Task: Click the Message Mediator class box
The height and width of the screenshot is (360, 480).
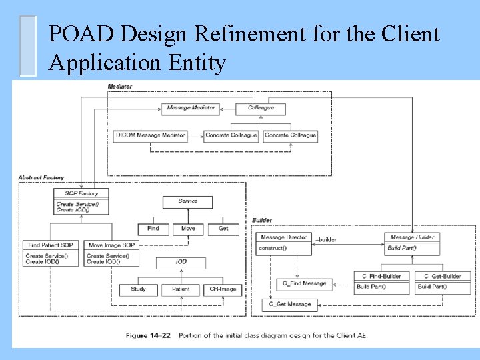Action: click(191, 108)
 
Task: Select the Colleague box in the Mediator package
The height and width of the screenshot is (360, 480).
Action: click(261, 108)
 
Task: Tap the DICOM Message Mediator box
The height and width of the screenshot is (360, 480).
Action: click(150, 135)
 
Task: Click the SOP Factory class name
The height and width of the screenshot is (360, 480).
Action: click(81, 193)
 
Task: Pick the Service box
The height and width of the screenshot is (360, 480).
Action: click(188, 201)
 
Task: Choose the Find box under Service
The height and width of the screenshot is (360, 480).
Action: click(153, 229)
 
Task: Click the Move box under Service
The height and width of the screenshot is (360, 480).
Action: click(188, 229)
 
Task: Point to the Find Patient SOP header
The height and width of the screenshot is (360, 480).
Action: click(51, 245)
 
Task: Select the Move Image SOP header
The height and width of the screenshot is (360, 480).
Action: click(111, 245)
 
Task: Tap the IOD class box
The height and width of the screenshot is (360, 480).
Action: click(181, 263)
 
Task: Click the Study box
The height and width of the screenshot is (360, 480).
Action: click(139, 289)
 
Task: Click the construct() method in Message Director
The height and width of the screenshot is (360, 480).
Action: click(273, 249)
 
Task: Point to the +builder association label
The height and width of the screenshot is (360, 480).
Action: click(326, 240)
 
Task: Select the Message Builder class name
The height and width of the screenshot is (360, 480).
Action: click(412, 237)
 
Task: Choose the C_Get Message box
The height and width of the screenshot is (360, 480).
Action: click(290, 305)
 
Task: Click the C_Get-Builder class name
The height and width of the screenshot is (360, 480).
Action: click(443, 276)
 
